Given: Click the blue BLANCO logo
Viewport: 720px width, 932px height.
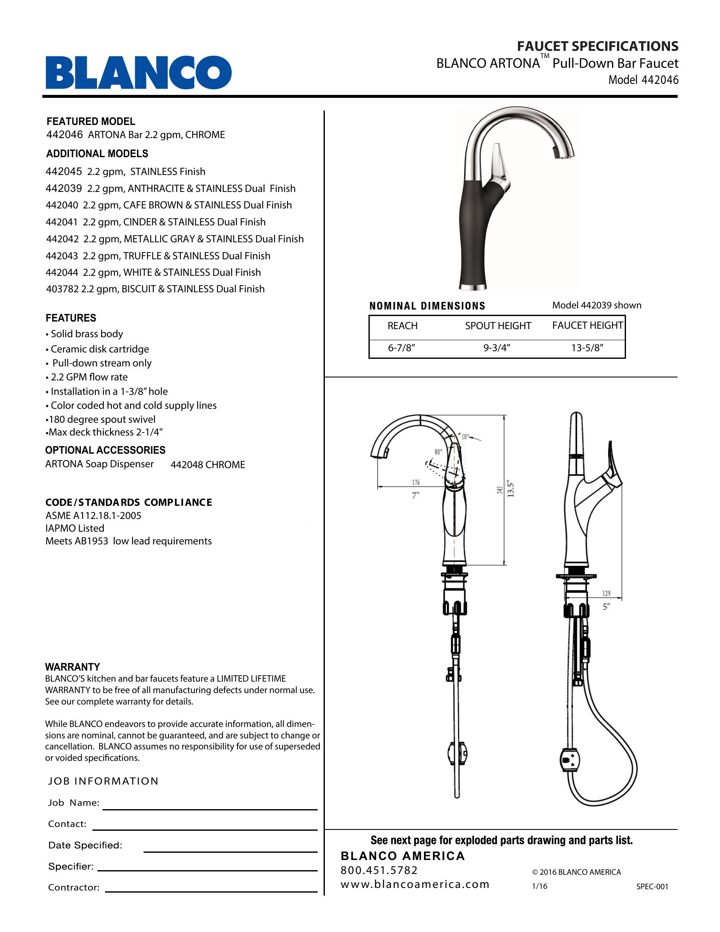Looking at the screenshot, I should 138,72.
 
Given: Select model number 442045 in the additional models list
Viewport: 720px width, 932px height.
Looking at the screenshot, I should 64,172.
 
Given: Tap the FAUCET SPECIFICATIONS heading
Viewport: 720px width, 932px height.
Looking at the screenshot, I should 598,46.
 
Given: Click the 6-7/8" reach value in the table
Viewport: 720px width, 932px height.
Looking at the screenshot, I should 402,348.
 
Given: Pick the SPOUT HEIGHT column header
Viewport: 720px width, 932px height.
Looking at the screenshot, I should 498,326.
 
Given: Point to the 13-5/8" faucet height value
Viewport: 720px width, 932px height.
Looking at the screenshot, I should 587,348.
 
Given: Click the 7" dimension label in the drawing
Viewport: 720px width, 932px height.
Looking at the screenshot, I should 415,496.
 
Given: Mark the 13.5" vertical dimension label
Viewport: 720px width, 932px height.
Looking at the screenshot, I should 511,490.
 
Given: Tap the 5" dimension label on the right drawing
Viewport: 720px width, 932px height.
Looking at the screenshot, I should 606,607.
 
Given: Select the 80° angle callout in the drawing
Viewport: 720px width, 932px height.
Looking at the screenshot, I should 438,452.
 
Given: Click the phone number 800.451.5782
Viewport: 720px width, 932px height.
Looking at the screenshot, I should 379,870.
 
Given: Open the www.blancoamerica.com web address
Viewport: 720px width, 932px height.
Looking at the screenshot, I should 415,884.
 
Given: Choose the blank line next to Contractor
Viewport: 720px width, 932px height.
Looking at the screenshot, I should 211,891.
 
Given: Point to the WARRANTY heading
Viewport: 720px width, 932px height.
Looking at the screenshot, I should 72,667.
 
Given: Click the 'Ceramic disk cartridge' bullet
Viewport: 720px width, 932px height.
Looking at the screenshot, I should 100,349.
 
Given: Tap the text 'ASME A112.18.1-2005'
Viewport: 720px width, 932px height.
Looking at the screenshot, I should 93,516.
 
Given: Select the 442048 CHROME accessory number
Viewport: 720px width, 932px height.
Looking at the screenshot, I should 208,465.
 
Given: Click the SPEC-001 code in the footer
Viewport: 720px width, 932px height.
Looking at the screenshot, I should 652,886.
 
